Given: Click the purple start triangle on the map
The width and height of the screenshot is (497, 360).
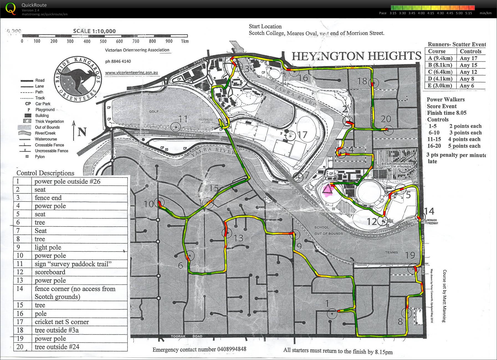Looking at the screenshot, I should click(327, 190).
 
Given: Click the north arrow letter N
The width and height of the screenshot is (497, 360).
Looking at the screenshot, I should click(82, 132).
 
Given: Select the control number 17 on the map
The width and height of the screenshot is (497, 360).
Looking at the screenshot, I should click(302, 135).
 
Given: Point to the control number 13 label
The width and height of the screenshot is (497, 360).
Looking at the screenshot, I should click(239, 238).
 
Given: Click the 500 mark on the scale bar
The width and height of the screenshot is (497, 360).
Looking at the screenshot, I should click(103, 41).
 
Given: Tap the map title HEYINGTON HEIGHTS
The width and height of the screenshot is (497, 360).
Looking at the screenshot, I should click(356, 56).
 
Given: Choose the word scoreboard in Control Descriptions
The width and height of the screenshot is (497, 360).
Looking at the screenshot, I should click(50, 272).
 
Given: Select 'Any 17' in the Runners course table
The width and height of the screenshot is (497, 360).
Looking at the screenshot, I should click(468, 58).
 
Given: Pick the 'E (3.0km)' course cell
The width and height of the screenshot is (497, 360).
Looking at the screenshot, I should click(439, 86).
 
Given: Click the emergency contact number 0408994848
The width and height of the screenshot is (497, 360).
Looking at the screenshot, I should click(224, 349).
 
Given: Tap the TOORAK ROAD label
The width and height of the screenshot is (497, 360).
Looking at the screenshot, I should click(186, 336).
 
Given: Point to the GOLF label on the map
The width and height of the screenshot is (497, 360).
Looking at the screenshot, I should click(154, 111).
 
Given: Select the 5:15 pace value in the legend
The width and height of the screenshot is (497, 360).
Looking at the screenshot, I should click(468, 13).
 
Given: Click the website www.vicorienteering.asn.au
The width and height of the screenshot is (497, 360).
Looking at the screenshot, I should click(132, 73).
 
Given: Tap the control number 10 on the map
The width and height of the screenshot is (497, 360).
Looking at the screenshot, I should click(148, 204).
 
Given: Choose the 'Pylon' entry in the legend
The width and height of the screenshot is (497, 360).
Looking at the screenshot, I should click(40, 157).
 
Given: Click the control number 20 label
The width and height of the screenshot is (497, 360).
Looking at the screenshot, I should click(386, 119).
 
